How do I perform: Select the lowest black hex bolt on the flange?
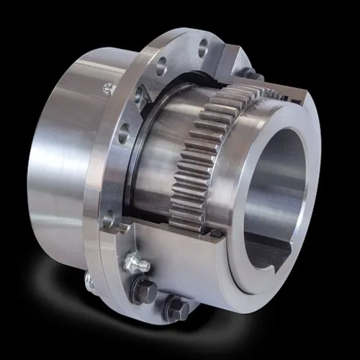coord(176,310)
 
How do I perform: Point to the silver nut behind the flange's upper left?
coord(109,89)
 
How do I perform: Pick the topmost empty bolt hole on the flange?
coord(203,48)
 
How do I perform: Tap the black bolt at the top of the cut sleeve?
coord(250,73)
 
